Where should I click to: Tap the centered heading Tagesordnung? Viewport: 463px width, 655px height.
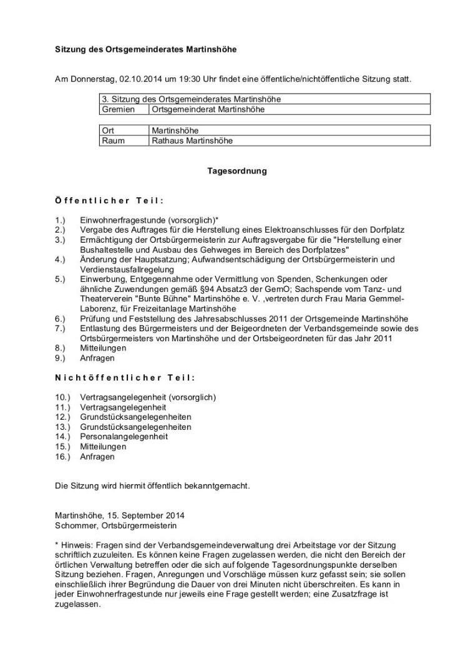click(236, 170)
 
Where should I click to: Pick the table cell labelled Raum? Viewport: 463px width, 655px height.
click(113, 140)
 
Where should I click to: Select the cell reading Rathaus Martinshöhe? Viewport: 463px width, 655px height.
click(192, 140)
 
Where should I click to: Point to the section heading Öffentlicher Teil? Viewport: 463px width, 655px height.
click(109, 201)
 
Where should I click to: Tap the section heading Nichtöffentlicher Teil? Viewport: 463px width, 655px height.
click(125, 378)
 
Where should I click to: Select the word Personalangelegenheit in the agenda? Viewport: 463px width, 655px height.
click(124, 437)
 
